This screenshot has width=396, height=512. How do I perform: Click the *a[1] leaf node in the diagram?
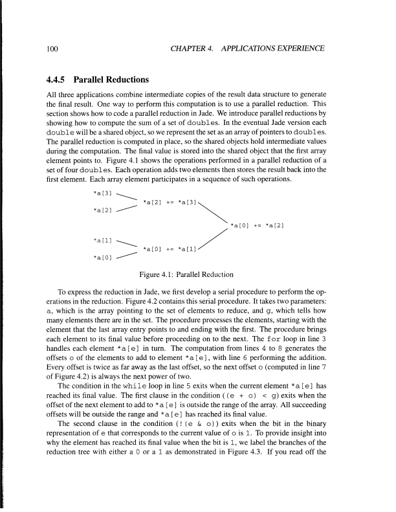tap(103, 240)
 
